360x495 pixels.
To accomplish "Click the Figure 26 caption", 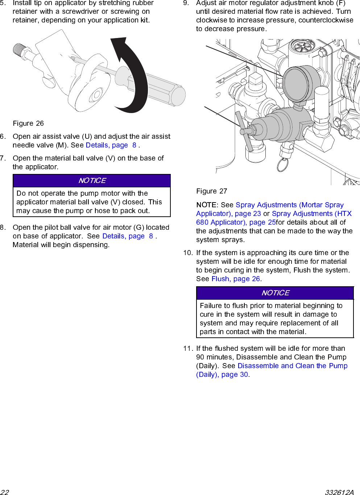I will (28, 124).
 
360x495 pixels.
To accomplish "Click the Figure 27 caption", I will (212, 191).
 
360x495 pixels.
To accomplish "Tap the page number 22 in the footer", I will (5, 492).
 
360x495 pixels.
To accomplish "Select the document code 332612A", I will (339, 492).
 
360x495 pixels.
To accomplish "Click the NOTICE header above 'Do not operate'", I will (92, 180).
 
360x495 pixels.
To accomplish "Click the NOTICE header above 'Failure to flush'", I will (275, 293).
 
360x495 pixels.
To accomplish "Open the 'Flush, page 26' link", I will (236, 279).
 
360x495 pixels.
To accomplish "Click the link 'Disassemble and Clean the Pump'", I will (292, 366).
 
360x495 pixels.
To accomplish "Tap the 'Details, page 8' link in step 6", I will (111, 145).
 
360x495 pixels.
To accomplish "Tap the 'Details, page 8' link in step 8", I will (128, 236).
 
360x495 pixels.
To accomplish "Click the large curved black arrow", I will (134, 72).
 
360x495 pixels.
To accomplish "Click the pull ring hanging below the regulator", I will (282, 165).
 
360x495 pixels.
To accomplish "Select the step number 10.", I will (187, 253).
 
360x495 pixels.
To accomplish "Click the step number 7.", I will (3, 158).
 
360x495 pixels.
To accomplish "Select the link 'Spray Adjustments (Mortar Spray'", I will (289, 205).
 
